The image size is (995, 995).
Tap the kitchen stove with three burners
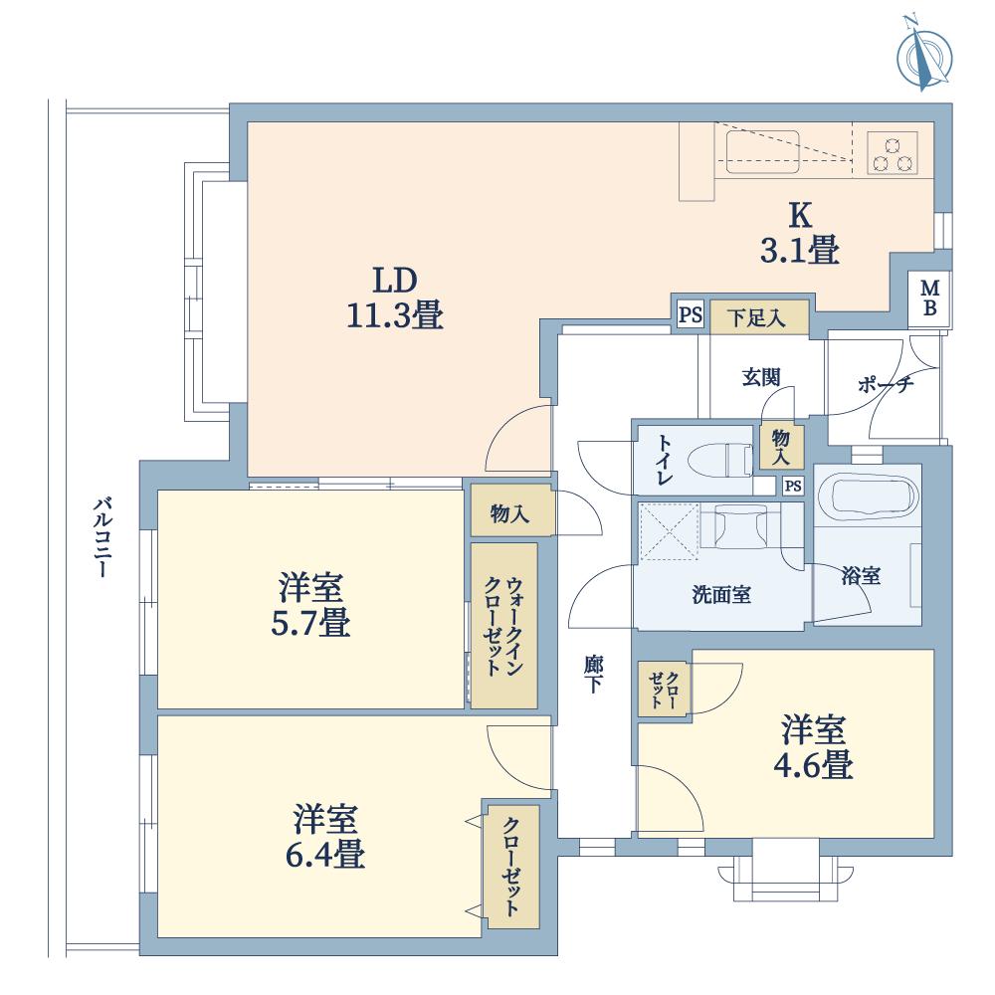click(891, 152)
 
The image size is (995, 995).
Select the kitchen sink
click(763, 152)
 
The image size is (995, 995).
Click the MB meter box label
click(929, 298)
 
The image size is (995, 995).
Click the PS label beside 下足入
click(689, 316)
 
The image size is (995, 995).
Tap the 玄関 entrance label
click(760, 377)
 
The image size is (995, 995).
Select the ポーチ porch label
click(885, 386)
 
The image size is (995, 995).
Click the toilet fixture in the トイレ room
click(732, 459)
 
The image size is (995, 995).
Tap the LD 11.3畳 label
click(394, 298)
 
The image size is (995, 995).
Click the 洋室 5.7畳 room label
click(312, 607)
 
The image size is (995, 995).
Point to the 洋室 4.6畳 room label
click(814, 747)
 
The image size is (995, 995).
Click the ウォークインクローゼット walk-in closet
click(503, 625)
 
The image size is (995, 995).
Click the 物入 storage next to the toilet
click(781, 447)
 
